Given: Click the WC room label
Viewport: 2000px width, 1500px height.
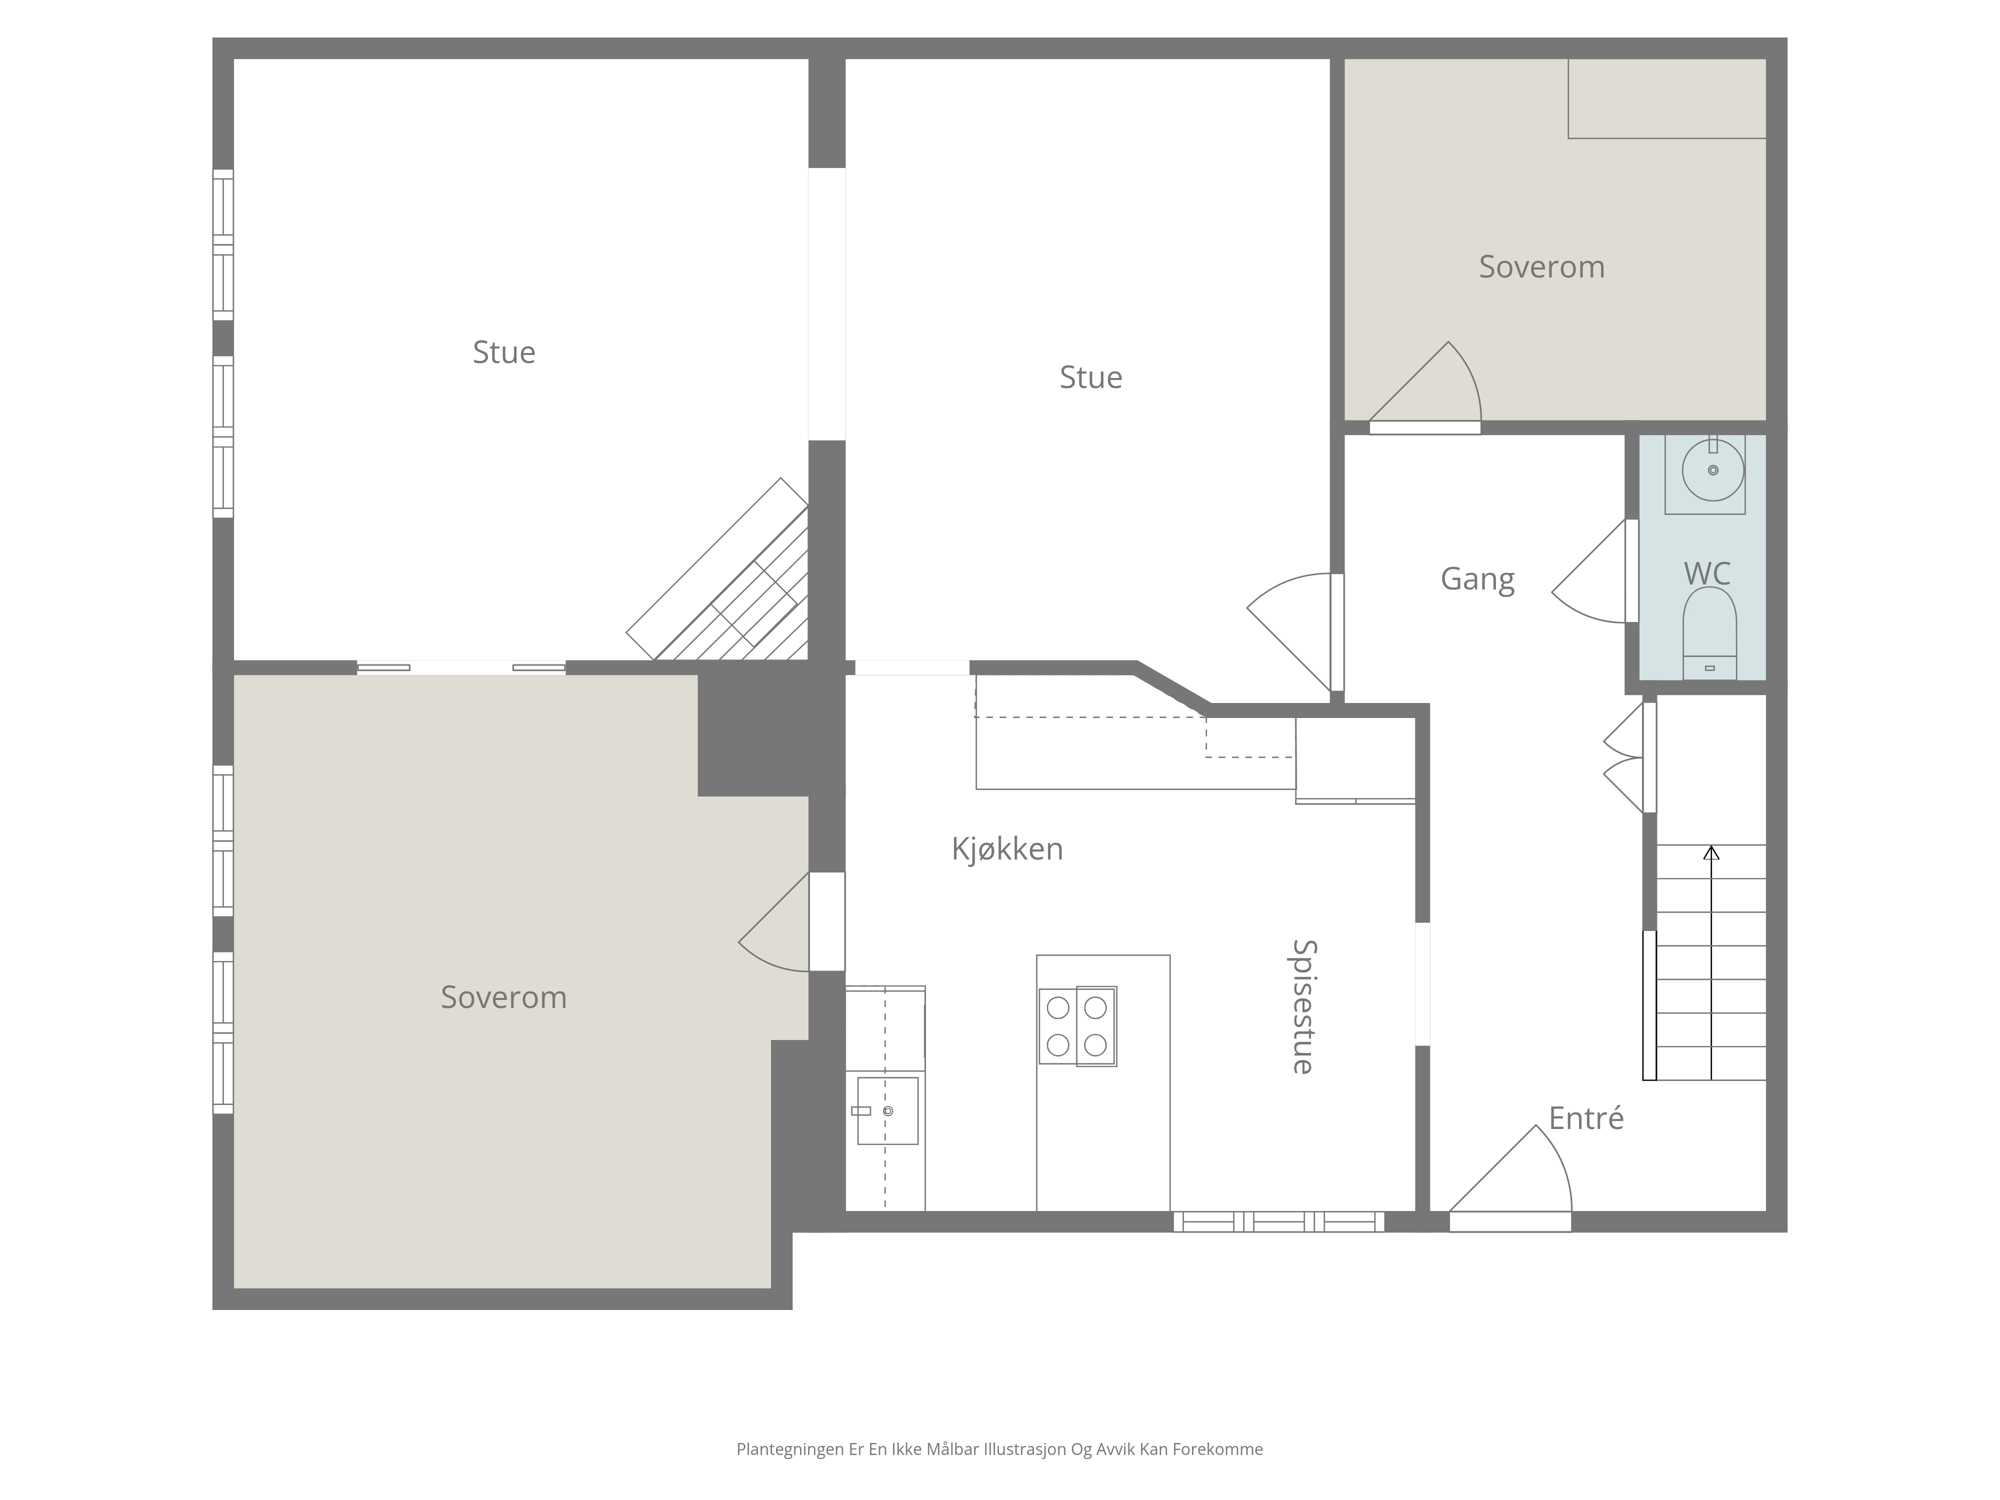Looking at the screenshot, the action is [1707, 573].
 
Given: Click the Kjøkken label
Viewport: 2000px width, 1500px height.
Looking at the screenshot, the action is [1007, 848].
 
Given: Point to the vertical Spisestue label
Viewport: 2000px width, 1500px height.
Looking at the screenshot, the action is [1303, 1006].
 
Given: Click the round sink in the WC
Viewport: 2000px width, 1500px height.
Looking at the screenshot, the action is [1712, 470].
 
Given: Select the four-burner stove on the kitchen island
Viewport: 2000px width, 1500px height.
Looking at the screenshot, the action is [1077, 1026].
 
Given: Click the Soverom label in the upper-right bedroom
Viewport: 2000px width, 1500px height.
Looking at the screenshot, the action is [1541, 266].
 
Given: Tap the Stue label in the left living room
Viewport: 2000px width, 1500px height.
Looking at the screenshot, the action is [503, 351].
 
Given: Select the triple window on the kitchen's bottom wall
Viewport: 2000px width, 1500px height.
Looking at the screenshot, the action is [1278, 1221].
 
